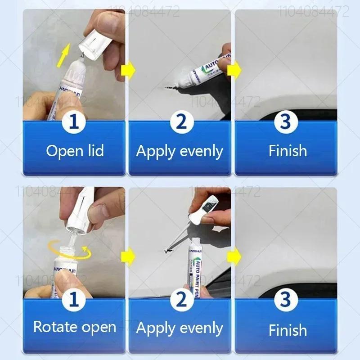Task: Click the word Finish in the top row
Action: click(x=288, y=151)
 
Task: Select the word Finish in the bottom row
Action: click(x=288, y=330)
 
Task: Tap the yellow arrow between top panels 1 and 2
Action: click(x=129, y=71)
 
